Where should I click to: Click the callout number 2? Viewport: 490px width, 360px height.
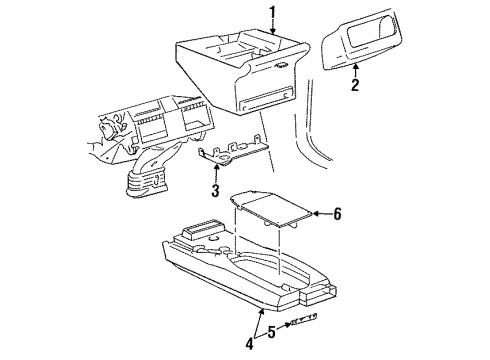point(353,86)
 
